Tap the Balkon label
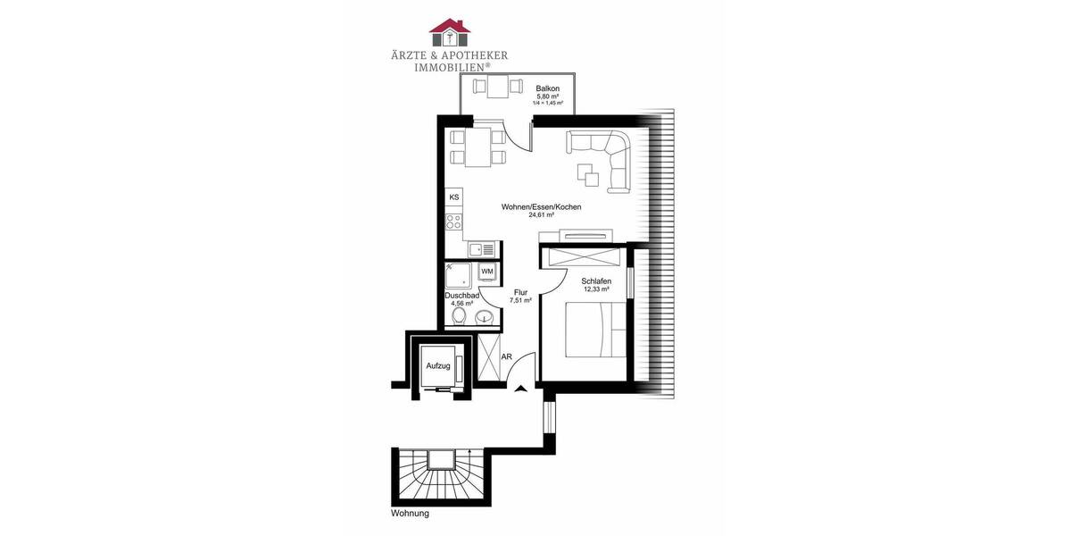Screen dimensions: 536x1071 (547, 88)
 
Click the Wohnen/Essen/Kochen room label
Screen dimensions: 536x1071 (541, 207)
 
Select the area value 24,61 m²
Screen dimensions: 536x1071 (541, 215)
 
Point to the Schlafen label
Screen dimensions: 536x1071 (596, 281)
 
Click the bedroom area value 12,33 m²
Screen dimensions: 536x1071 (596, 289)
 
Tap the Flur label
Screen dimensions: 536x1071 (520, 292)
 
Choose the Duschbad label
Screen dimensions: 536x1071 (462, 296)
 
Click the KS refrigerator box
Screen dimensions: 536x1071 (454, 197)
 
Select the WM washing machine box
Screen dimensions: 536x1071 (487, 271)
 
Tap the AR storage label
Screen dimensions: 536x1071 (506, 356)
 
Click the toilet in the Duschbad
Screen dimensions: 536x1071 (459, 316)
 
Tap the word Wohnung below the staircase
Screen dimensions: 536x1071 (410, 514)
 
